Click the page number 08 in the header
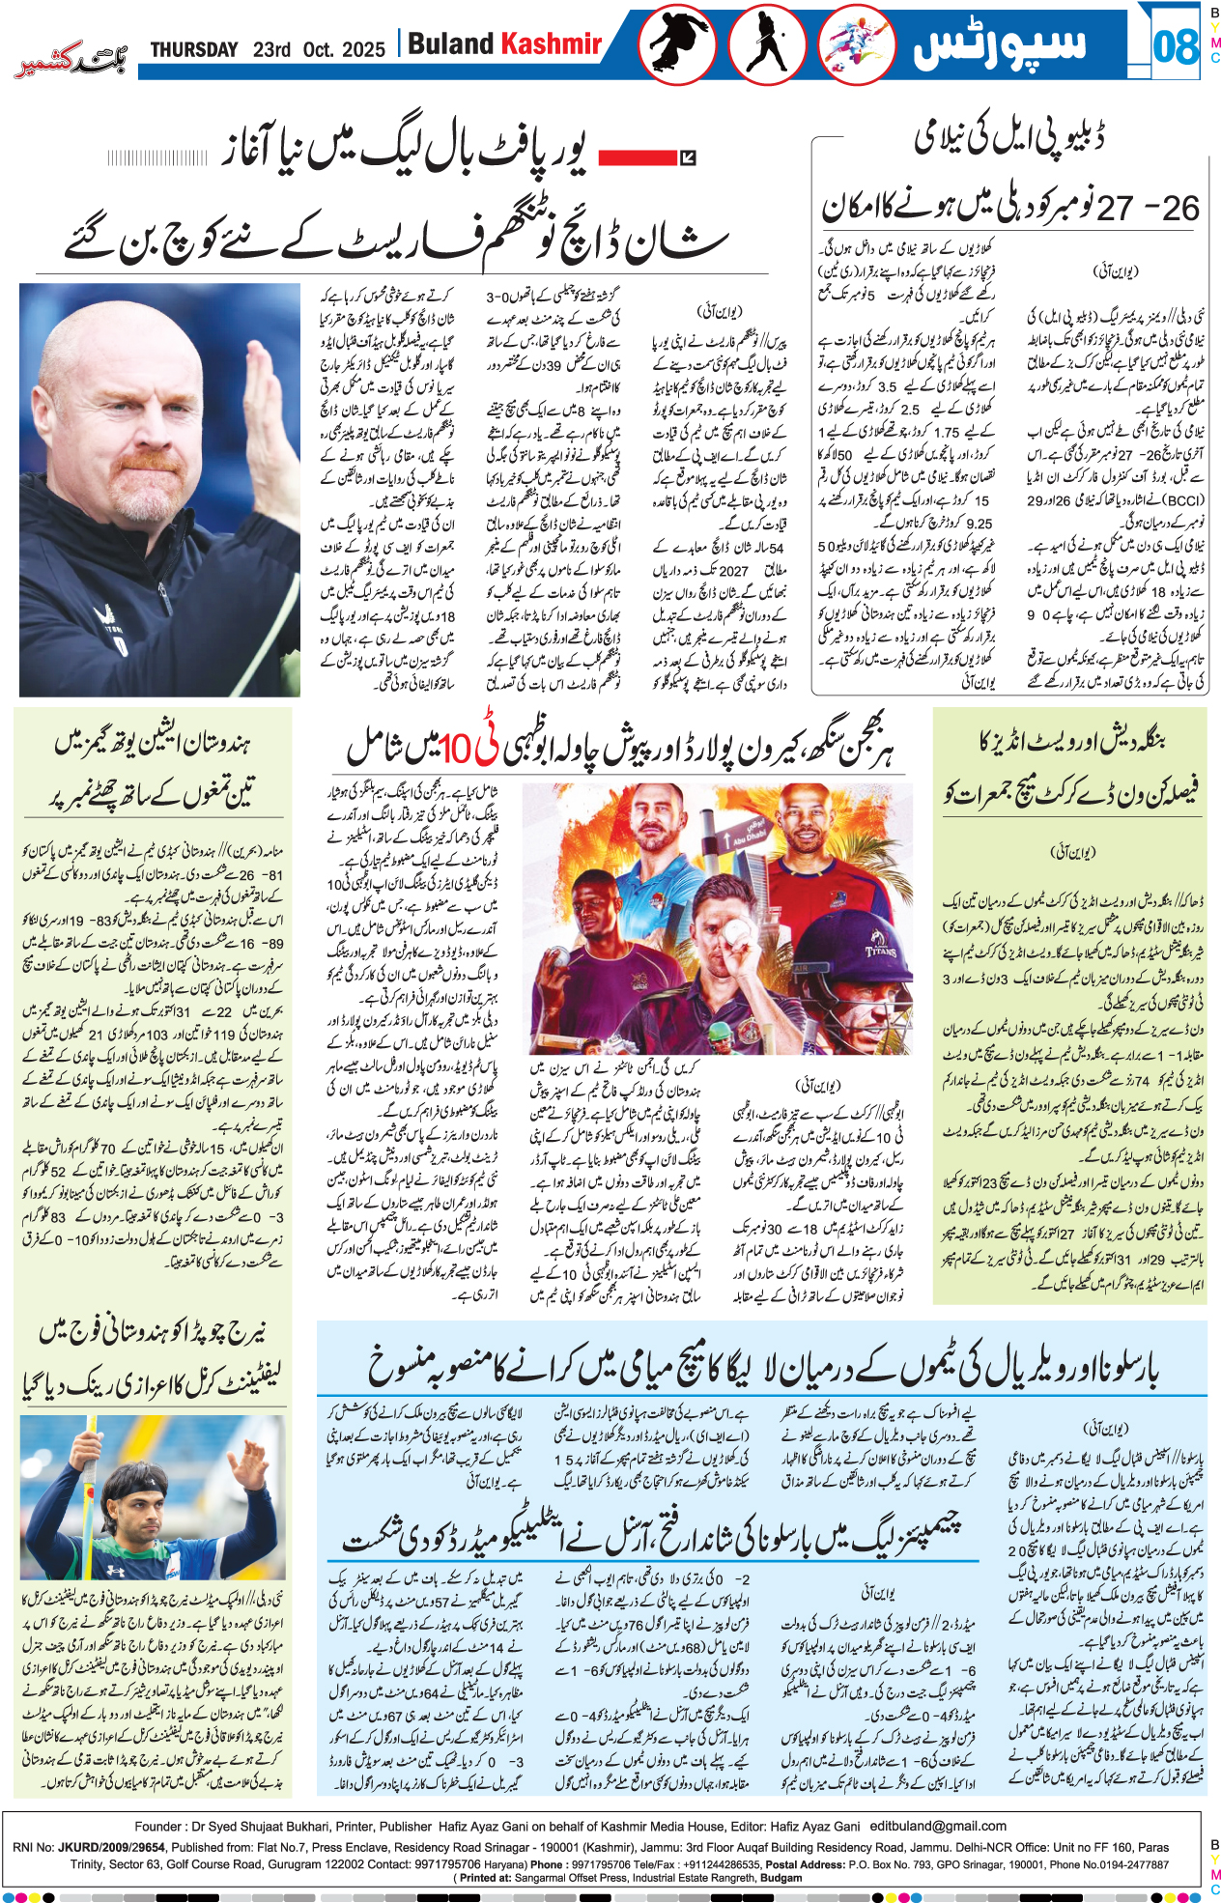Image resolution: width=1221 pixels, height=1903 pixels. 1176,45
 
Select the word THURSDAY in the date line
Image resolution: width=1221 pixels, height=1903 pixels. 194,49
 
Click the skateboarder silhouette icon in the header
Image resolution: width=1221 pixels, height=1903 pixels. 676,44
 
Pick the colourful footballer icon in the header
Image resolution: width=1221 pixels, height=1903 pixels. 856,44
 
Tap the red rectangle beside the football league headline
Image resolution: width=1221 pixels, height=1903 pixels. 633,156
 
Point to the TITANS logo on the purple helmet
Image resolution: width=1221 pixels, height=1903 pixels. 880,951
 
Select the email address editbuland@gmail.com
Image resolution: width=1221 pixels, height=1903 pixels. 938,1826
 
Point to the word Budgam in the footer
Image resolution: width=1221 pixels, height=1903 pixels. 781,1877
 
